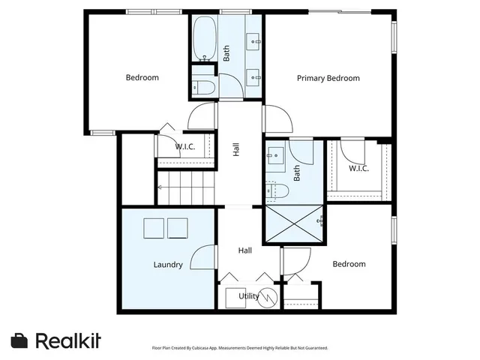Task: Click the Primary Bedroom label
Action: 328,78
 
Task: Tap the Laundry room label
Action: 168,264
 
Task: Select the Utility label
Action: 249,296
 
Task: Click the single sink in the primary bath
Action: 274,156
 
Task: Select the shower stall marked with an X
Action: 293,223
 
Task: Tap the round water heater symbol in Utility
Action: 268,296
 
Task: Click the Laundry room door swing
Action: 202,258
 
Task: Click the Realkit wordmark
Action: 68,340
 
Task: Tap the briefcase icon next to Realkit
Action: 20,340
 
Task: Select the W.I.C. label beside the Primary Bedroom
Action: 358,168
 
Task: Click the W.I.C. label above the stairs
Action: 185,147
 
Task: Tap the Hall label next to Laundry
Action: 245,250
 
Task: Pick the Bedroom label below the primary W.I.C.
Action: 349,264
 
